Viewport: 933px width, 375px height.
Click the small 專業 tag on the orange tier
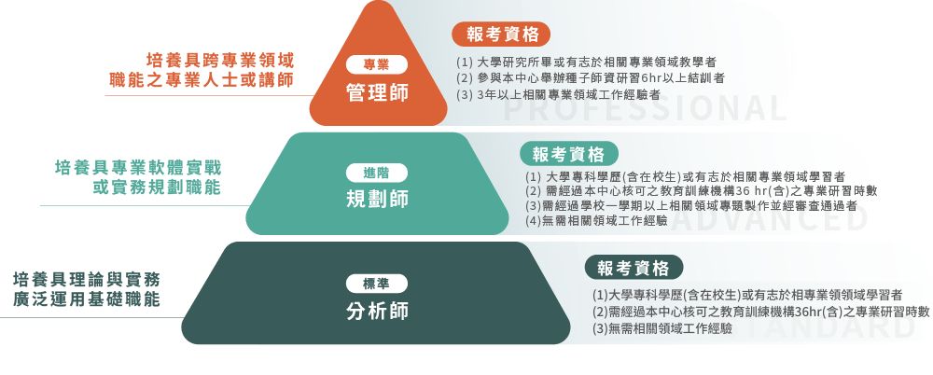pos(376,64)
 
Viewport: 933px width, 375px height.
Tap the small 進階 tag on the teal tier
pos(376,173)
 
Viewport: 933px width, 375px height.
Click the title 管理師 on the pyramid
pos(376,92)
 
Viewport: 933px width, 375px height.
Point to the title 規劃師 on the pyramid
pos(376,199)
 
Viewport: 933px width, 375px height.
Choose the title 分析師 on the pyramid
pos(376,311)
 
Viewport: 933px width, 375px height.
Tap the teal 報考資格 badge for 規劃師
pos(569,154)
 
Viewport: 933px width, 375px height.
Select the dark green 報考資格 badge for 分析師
pos(634,268)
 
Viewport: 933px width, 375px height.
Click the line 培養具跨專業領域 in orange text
pos(219,59)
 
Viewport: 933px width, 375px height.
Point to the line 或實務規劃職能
pos(157,187)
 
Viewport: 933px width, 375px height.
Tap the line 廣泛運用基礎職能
pos(87,299)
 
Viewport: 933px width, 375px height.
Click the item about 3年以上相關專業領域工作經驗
pos(558,94)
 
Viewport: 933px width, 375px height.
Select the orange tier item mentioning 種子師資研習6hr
pos(591,77)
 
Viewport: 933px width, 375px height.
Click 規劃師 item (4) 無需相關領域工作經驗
pos(596,221)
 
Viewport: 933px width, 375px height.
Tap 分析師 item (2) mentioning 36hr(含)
pos(761,312)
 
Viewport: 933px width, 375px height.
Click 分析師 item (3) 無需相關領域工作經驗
pos(662,328)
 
